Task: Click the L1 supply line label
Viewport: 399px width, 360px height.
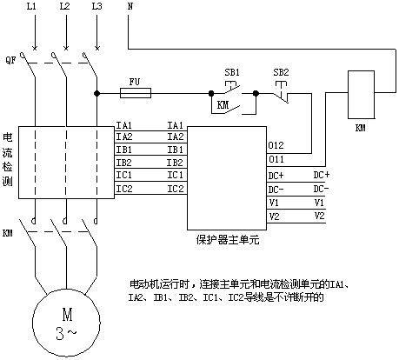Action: [x=31, y=6]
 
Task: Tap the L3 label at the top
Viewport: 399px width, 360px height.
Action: [x=97, y=6]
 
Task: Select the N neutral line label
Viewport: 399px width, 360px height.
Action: [x=130, y=6]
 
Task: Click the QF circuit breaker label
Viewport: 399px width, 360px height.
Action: [x=10, y=60]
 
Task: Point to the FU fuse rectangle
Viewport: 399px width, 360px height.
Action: [x=136, y=93]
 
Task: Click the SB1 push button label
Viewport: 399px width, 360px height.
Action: [x=232, y=72]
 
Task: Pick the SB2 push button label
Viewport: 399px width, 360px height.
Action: [x=281, y=72]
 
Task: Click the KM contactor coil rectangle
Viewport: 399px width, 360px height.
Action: [x=361, y=95]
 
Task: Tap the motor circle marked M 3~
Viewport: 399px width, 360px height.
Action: [x=66, y=323]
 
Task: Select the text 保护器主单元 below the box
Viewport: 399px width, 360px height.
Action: [x=227, y=240]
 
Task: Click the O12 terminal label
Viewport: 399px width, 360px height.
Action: [x=276, y=145]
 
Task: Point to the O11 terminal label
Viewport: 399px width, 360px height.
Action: [x=276, y=159]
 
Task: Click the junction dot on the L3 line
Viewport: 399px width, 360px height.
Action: [x=96, y=93]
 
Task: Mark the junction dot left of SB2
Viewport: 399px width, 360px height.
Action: [x=256, y=93]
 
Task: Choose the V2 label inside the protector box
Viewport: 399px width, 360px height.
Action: [x=274, y=217]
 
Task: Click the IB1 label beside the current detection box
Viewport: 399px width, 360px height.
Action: [x=124, y=150]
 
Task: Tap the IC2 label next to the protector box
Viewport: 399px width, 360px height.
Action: [x=176, y=189]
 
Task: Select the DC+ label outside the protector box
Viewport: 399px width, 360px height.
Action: [x=322, y=175]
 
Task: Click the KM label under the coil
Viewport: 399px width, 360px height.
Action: [x=361, y=128]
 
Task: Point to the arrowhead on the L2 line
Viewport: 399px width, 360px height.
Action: [x=66, y=48]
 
